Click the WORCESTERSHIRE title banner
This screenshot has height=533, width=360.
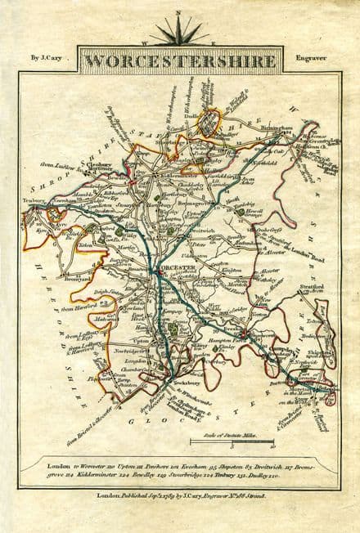click(181, 60)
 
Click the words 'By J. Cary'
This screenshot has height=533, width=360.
click(45, 60)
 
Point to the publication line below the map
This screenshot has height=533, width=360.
click(181, 496)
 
